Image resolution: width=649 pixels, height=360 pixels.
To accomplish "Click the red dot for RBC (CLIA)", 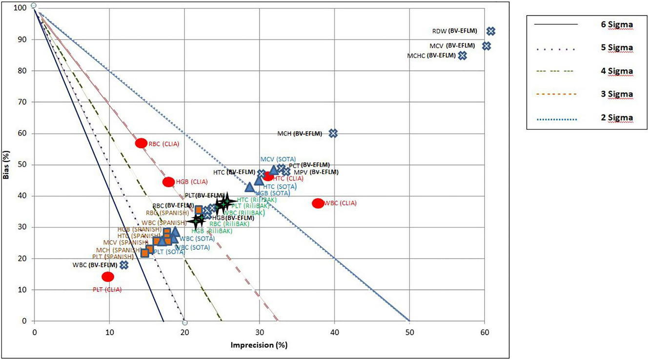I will coord(141,143).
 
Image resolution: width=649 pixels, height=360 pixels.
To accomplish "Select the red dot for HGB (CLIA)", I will coord(168,182).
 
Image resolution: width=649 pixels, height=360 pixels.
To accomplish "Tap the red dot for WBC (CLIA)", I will coord(318,203).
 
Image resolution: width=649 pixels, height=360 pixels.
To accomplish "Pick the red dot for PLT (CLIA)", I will coord(108,277).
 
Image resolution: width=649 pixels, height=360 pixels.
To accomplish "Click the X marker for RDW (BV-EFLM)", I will coord(491,31).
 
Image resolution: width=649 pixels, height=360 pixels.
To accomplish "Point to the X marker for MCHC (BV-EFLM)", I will coord(462,56).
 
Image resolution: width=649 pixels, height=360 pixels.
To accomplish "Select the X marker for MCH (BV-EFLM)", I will coord(333,133).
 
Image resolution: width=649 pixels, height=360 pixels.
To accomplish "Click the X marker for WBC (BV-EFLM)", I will coord(124,265).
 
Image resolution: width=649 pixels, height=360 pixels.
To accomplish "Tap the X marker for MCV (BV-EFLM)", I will coord(486,46).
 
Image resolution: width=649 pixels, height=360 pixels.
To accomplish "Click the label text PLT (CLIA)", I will coord(107,289).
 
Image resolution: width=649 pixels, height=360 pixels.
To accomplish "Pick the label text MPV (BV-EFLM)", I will coord(316,172).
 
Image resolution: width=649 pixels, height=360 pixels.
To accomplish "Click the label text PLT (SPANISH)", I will coord(113,257).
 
